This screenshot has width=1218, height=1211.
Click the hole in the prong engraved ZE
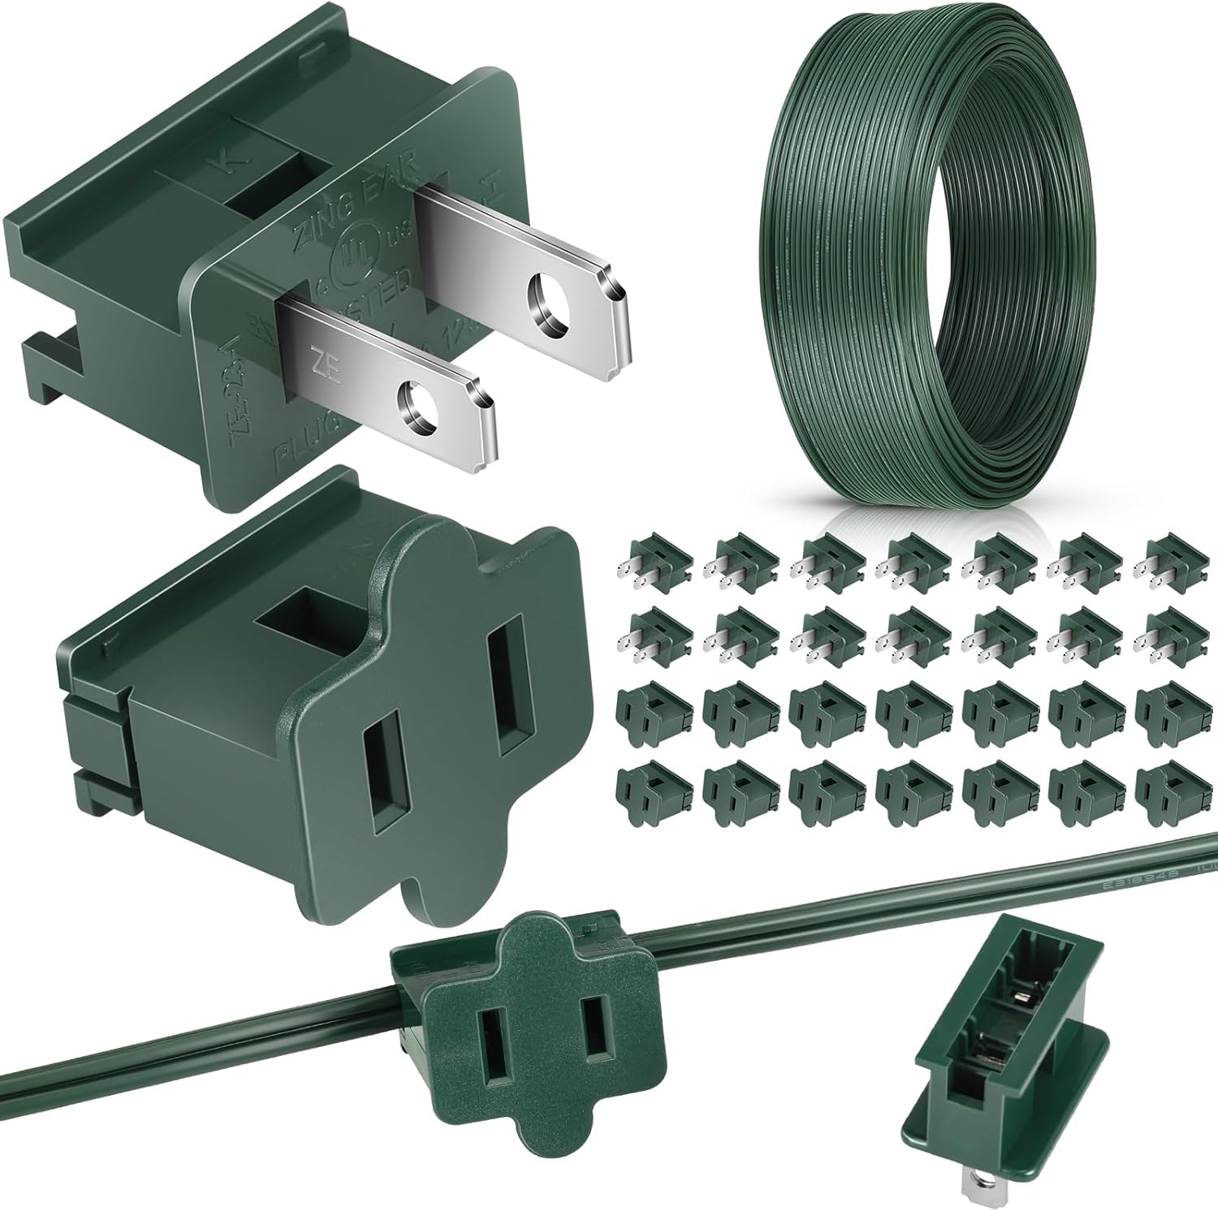click(x=416, y=402)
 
